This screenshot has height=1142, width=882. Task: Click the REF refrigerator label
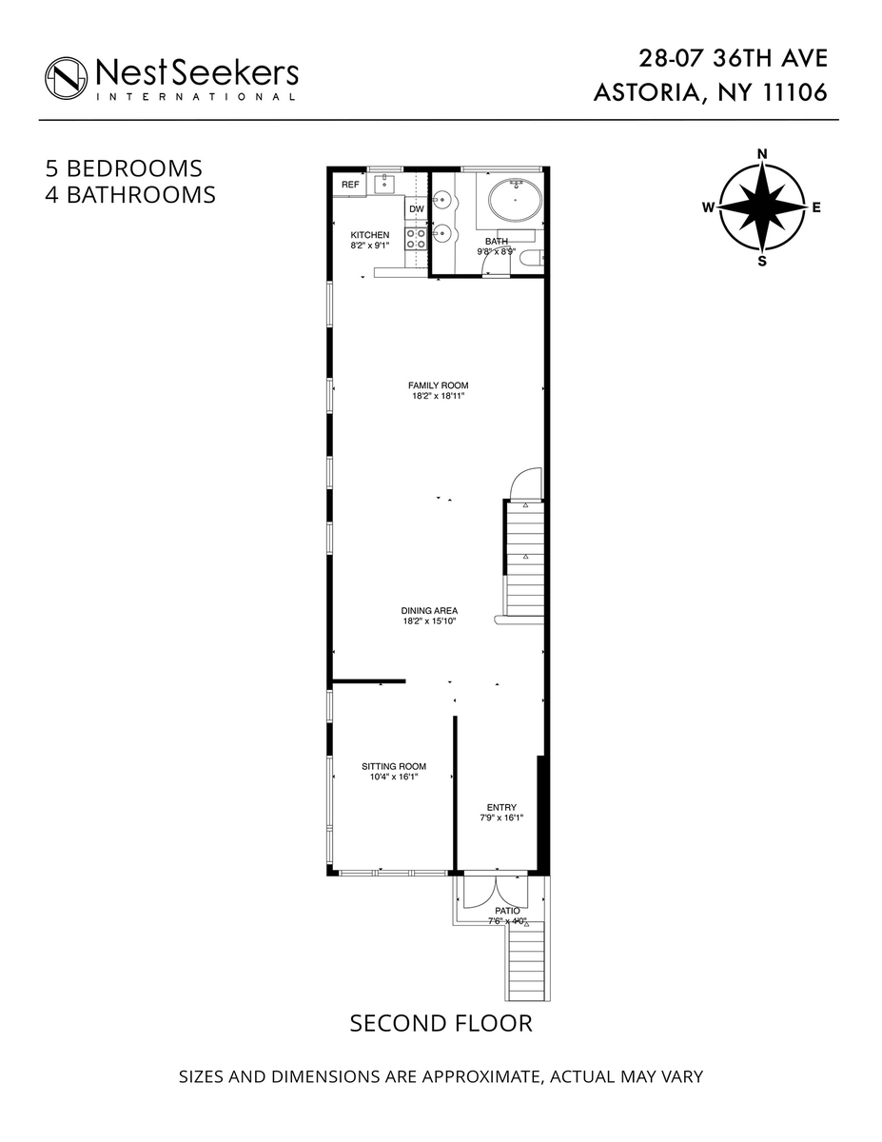tap(351, 185)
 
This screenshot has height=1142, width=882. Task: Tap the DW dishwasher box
tap(416, 209)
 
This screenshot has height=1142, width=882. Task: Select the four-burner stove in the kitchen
tap(417, 238)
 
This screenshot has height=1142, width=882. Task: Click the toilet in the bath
tap(530, 254)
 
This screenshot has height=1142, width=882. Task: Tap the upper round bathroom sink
tap(441, 200)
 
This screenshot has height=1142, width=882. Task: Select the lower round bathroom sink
tap(441, 231)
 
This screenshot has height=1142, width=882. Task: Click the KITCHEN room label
tap(370, 235)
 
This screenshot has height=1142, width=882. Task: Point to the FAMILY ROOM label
tap(439, 385)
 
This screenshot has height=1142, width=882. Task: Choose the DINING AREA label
tap(430, 610)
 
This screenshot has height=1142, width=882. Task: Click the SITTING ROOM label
tap(394, 766)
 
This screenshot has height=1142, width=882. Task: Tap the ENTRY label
tap(501, 807)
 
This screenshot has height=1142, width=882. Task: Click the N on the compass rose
tap(762, 153)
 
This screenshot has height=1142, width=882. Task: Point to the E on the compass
tap(816, 207)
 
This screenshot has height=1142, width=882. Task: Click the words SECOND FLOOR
tap(441, 1023)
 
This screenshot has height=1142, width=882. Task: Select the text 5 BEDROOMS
tap(125, 168)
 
